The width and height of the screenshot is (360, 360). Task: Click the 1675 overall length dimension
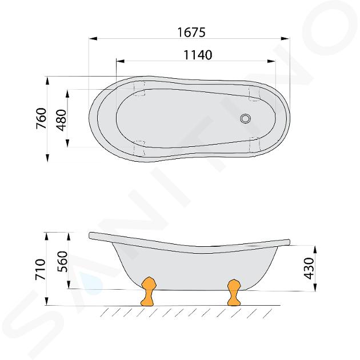point(191,32)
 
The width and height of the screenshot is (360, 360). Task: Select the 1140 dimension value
point(198,55)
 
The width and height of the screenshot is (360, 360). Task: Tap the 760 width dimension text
point(42,118)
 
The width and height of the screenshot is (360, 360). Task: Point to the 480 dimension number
point(61,120)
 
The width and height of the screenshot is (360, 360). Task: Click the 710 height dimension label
point(41,269)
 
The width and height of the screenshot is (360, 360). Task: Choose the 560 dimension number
point(62,262)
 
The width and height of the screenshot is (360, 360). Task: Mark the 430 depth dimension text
point(309,268)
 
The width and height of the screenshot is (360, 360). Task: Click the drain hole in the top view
point(246,118)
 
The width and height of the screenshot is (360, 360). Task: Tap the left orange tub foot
point(149,291)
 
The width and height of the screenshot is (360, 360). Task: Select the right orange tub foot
point(234,292)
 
